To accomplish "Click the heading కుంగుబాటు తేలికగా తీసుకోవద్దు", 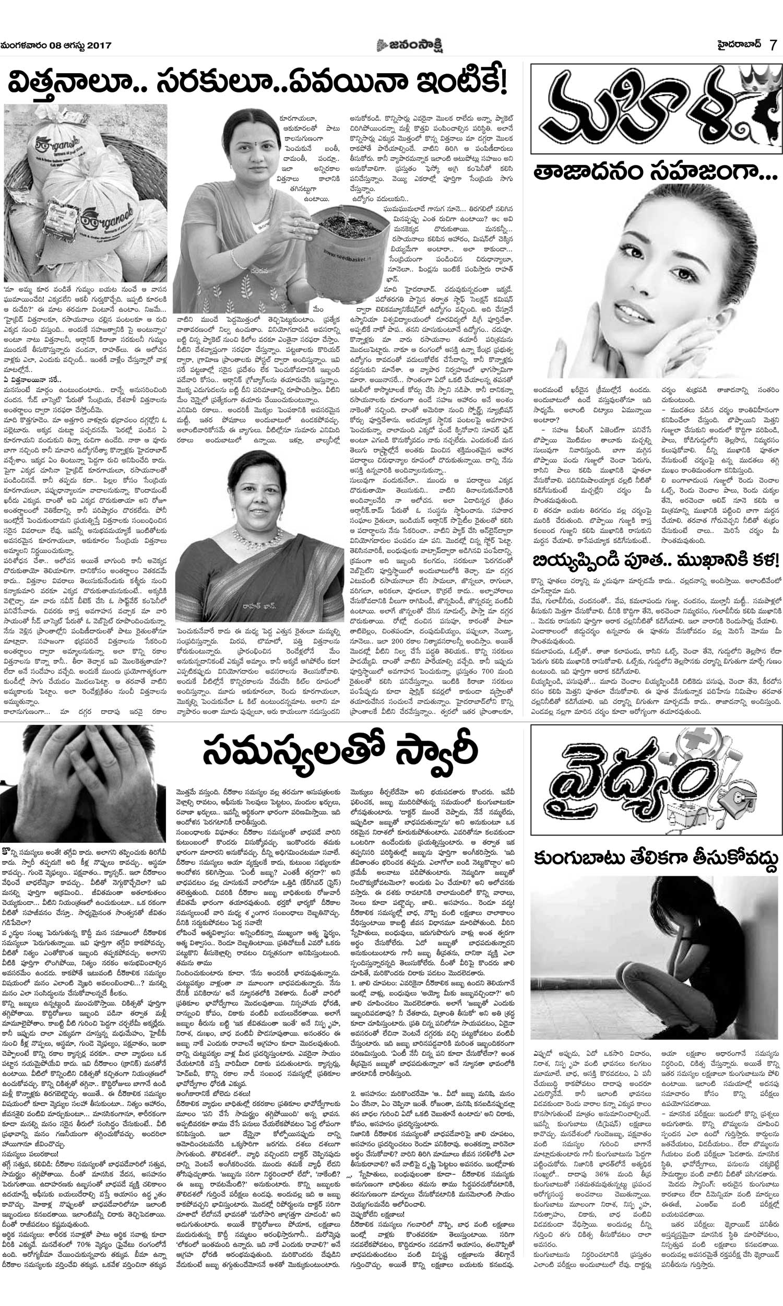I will click(655, 859).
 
